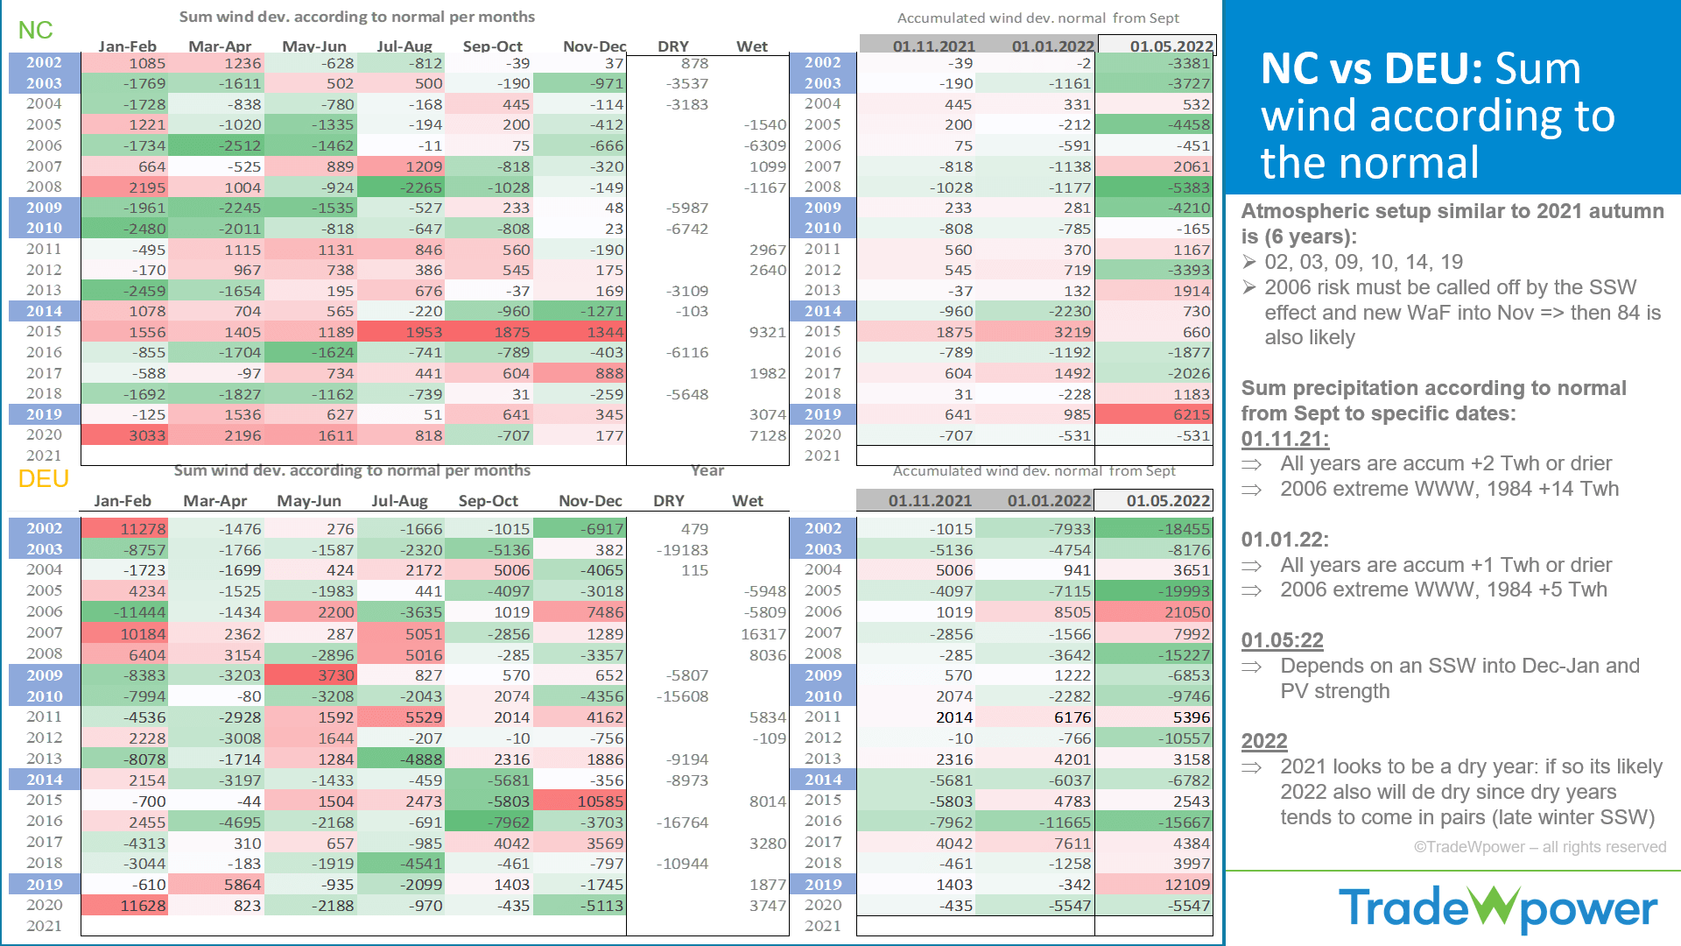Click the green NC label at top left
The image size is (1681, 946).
pos(35,31)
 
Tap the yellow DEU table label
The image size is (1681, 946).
pos(43,479)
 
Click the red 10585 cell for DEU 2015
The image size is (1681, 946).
pos(580,801)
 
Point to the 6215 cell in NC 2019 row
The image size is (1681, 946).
pos(1156,414)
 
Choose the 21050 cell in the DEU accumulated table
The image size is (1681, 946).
pos(1156,612)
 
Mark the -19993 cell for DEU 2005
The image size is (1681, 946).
pos(1156,591)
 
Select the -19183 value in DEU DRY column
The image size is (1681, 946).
pos(682,550)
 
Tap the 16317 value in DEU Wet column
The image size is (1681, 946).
pos(763,633)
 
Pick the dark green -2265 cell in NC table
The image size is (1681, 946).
pos(402,187)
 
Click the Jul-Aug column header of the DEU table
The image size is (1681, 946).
pos(399,501)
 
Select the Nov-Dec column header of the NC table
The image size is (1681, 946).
pos(594,46)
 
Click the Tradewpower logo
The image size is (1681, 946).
pos(1498,908)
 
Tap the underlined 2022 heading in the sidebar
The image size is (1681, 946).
pos(1263,741)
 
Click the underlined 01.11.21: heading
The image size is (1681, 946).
pos(1284,439)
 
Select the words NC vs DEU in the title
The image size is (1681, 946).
pos(1371,69)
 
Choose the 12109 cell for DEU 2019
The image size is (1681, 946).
pos(1156,885)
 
